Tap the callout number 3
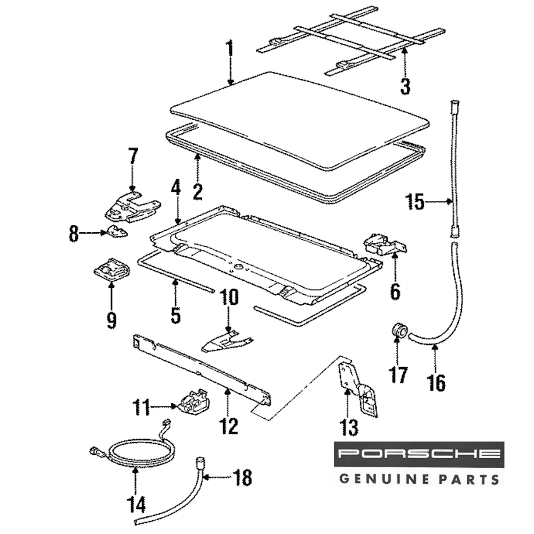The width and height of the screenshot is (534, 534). [x=405, y=85]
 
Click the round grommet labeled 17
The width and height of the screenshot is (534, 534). [x=398, y=330]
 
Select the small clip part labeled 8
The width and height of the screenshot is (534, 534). [x=116, y=232]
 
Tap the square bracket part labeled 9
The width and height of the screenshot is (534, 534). [x=111, y=268]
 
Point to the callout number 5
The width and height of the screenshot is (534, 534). [x=176, y=315]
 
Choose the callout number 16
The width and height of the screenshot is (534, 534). [x=436, y=383]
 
